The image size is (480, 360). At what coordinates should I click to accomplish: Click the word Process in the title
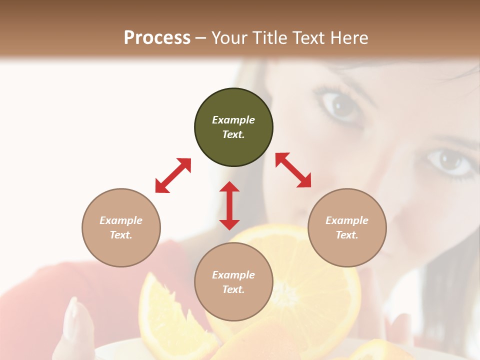point(157,38)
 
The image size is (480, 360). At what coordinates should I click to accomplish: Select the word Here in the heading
point(348,38)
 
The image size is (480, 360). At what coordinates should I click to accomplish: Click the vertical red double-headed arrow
point(229,205)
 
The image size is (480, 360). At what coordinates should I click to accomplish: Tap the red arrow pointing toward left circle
point(173,175)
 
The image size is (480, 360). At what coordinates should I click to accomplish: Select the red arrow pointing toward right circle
point(293,170)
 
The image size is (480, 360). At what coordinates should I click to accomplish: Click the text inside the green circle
point(233,127)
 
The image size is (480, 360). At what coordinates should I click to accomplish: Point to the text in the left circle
point(121,227)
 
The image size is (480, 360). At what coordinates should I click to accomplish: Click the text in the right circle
point(347,227)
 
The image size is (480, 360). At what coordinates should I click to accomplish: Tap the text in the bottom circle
point(233,282)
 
